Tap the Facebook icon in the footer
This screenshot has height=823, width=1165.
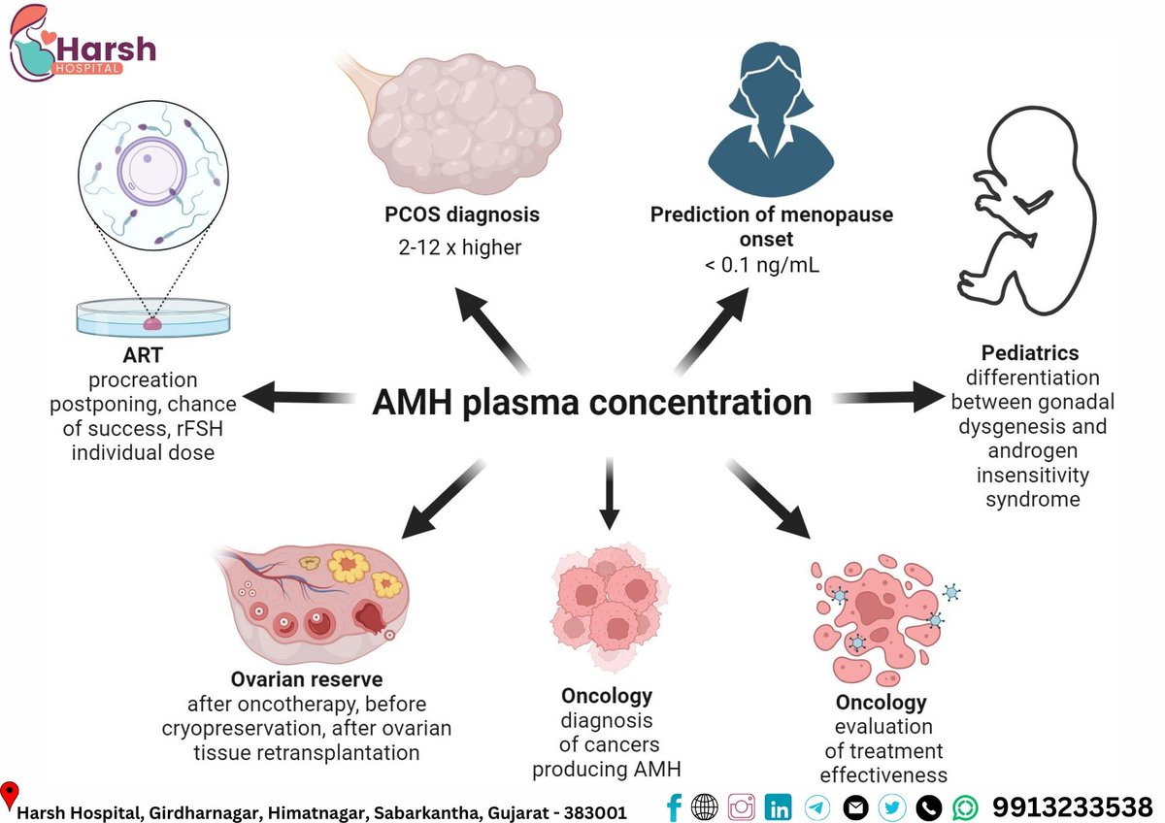click(x=674, y=807)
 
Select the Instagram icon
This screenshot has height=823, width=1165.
click(x=741, y=807)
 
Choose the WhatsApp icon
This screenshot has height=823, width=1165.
click(x=966, y=807)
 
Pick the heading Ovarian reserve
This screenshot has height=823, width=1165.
click(x=307, y=678)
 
